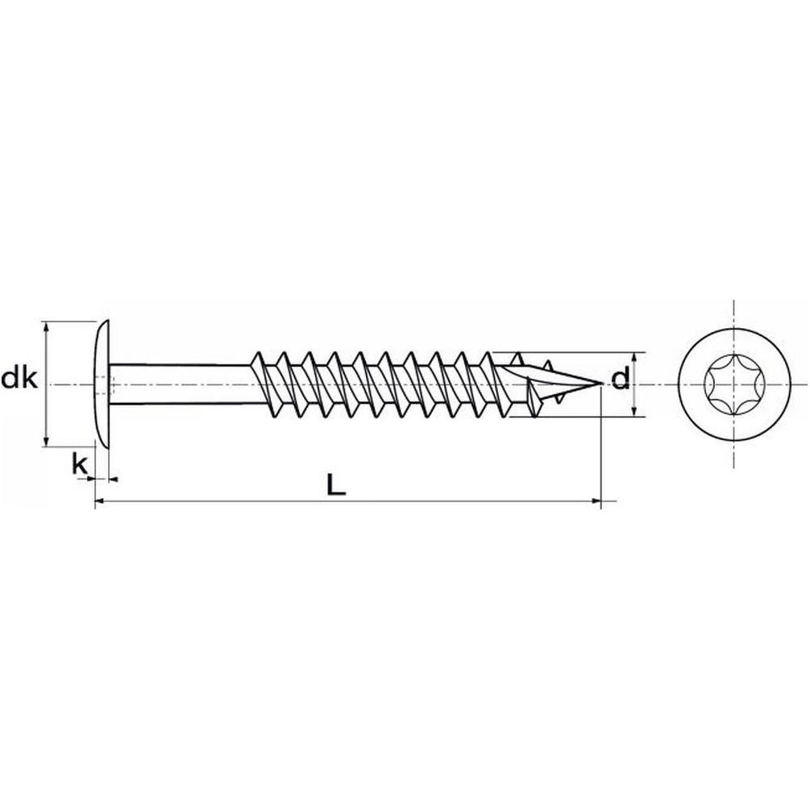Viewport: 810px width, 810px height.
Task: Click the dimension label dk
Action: (x=19, y=379)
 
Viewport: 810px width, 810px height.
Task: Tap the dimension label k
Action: (x=80, y=464)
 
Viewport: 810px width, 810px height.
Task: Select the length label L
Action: (x=336, y=484)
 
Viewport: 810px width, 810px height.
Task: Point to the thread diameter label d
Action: (x=620, y=380)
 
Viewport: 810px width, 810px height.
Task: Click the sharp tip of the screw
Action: (x=602, y=384)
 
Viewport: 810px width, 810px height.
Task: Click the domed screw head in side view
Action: (x=103, y=384)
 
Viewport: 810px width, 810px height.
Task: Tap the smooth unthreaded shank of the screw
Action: (x=181, y=384)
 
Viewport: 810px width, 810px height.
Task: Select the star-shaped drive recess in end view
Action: (x=734, y=384)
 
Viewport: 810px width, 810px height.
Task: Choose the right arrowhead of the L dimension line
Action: (x=595, y=501)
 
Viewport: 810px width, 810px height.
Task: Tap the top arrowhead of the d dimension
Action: (x=634, y=359)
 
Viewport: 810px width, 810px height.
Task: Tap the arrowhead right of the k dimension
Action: (x=114, y=480)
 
